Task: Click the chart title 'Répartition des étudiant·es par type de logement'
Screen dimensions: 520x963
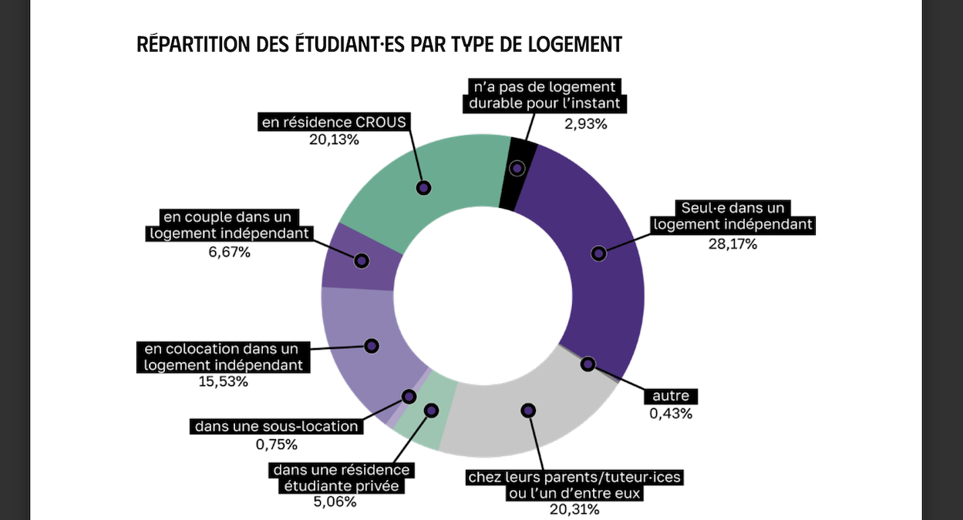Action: coord(379,44)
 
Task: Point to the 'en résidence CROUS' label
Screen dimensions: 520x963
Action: coord(334,122)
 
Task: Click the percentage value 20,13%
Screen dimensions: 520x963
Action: coord(334,139)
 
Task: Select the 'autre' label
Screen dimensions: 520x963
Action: coord(670,396)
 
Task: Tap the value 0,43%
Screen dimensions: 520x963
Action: coord(670,414)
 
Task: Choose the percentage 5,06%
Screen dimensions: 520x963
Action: coord(335,502)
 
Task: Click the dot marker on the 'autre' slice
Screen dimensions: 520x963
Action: coord(588,364)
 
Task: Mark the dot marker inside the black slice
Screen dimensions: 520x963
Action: coord(517,168)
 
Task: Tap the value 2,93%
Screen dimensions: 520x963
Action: coord(586,123)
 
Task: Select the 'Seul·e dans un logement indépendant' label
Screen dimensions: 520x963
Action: coord(732,216)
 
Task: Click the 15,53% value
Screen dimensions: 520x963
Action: coord(224,381)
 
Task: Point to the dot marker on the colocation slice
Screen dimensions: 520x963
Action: coord(372,346)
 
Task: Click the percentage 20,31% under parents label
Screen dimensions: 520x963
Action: coord(574,509)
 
